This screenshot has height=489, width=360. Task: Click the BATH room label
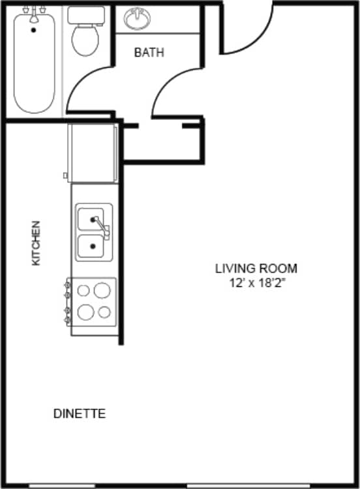coord(149,52)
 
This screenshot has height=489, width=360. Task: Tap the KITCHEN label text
coord(36,243)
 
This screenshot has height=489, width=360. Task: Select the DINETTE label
coord(79,413)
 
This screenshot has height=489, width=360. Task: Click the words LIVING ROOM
coord(256,267)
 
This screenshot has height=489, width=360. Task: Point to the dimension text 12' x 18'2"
coord(256,283)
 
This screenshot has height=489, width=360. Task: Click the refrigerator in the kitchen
coord(92,153)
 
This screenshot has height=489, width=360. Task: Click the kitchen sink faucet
coord(104,230)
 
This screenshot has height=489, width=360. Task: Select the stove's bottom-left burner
coord(85,312)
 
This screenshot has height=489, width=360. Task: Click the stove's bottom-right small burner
coord(104,312)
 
